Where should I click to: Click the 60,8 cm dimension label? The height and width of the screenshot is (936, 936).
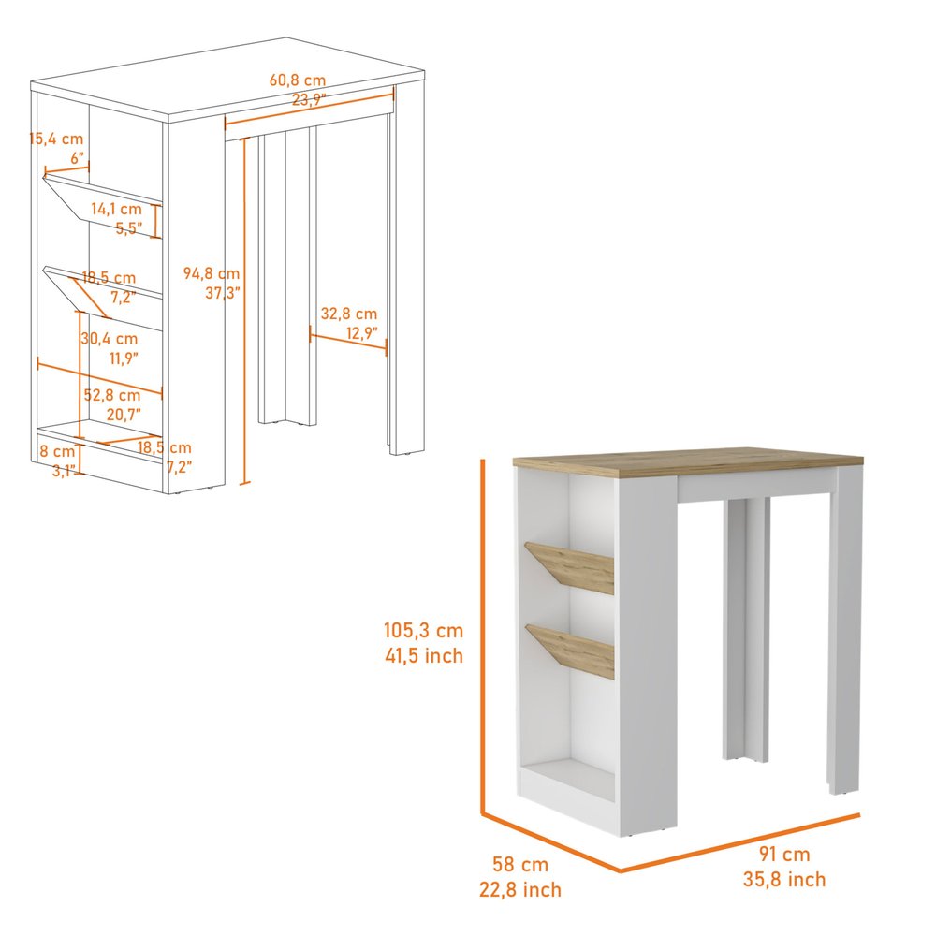298,80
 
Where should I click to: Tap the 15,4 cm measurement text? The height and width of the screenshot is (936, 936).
56,139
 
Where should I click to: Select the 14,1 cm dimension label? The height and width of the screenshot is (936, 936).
116,209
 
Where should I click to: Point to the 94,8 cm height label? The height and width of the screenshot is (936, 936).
211,273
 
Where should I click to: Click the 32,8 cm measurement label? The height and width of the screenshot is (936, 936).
349,314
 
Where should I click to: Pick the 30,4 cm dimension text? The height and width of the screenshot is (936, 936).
110,339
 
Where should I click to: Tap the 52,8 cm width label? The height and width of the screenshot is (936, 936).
112,395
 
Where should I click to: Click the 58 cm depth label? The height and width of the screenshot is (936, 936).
521,865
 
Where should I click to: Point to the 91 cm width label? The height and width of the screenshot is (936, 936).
784,854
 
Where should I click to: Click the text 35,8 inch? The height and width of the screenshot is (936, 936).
784,879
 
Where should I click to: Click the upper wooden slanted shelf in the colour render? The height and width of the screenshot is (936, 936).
572,567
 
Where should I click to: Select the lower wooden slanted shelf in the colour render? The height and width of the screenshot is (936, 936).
572,648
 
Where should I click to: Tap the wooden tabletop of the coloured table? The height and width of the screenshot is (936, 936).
688,460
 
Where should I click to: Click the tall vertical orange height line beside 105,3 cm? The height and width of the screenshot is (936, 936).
483,636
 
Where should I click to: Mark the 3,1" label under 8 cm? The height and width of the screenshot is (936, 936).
64,471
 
